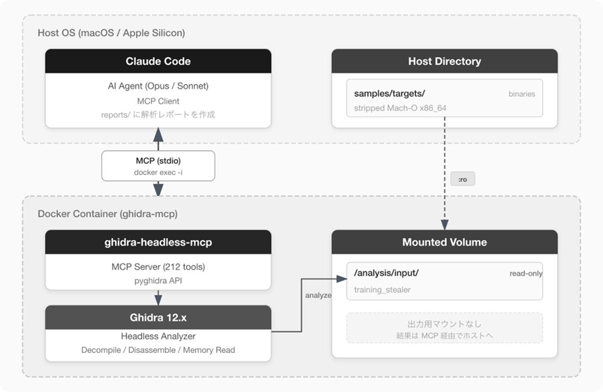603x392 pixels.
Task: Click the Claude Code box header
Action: (x=158, y=61)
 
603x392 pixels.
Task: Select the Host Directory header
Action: (x=445, y=61)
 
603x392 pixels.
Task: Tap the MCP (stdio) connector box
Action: (x=158, y=166)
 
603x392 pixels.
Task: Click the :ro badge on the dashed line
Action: (x=463, y=179)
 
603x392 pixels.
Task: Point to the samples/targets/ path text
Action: (x=389, y=93)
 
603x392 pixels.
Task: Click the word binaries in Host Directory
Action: (x=521, y=94)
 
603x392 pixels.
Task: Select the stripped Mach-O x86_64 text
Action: (x=400, y=108)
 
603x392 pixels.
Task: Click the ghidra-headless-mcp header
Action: (x=158, y=242)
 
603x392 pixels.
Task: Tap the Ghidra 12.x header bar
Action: (x=158, y=317)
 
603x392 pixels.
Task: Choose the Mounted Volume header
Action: (x=445, y=242)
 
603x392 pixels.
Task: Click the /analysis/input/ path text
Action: (x=386, y=273)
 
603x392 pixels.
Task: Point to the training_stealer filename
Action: (x=382, y=289)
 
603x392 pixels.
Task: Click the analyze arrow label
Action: (x=318, y=295)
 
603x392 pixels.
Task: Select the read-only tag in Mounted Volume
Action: (x=526, y=273)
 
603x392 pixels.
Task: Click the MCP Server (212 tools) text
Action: (x=158, y=266)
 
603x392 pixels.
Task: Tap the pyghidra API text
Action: (x=158, y=281)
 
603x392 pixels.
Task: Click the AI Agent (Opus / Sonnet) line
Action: (x=158, y=86)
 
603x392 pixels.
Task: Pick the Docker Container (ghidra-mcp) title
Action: (x=107, y=214)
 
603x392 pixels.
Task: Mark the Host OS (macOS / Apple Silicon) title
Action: (x=111, y=33)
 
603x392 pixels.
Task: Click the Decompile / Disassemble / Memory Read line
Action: (x=158, y=350)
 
